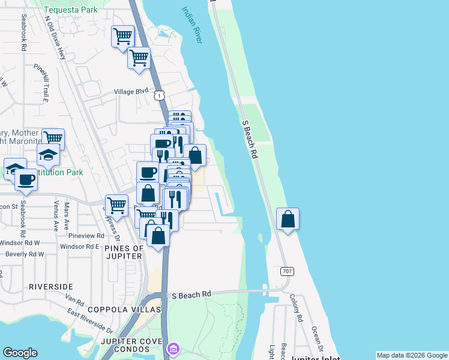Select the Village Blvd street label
131,92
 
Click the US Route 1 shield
158,95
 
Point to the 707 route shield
286,271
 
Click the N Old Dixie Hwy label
55,37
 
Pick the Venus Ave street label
56,216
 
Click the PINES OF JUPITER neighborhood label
124,252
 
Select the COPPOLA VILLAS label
125,310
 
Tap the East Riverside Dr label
90,321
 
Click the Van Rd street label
75,298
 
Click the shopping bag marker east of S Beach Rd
288,219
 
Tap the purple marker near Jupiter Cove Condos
173,348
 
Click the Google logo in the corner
20,353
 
